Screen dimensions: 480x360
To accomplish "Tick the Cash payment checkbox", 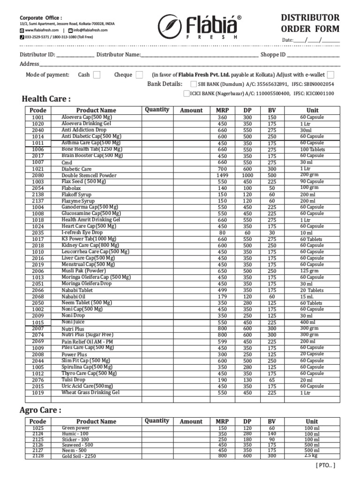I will pos(96,75).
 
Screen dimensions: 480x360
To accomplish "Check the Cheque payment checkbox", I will pos(139,75).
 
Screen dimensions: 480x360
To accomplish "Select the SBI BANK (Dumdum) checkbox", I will pos(194,84).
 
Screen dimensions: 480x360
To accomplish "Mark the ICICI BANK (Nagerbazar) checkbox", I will pos(187,93).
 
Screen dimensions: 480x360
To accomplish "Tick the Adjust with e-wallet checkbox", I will pos(331,75).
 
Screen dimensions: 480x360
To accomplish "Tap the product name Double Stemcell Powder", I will pos(89,175).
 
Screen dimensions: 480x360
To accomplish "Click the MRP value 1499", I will pos(222,175).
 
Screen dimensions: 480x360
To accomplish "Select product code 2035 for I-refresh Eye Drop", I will pos(38,232).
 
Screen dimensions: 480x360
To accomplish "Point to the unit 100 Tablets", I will pos(312,150).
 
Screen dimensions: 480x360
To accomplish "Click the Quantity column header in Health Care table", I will pos(157,110).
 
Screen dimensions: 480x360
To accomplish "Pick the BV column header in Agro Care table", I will pos(272,421).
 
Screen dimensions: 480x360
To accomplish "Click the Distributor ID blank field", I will pos(75,55).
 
